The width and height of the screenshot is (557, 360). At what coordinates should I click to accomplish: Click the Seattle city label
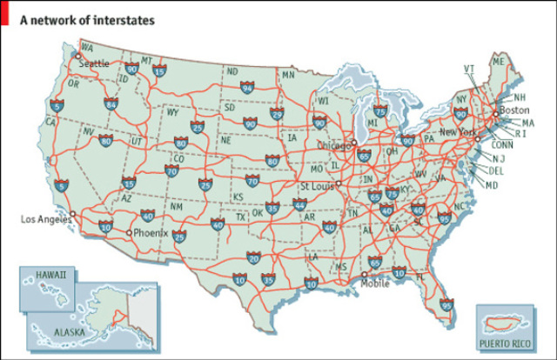(95, 63)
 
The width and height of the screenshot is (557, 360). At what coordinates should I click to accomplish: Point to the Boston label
(514, 110)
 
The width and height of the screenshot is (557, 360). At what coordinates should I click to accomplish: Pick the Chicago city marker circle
(353, 142)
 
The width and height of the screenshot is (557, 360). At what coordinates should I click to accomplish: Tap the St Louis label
(318, 186)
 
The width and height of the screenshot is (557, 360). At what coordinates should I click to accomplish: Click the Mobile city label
(375, 283)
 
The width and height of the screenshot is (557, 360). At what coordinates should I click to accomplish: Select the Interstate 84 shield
(111, 104)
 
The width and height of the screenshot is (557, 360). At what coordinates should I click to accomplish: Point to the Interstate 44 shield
(299, 205)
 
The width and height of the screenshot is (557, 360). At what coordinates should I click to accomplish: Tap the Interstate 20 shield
(253, 257)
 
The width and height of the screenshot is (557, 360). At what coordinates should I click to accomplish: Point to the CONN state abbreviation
(502, 144)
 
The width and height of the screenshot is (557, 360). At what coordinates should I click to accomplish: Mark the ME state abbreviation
(498, 63)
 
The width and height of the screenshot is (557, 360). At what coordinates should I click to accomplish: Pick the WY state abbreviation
(172, 112)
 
